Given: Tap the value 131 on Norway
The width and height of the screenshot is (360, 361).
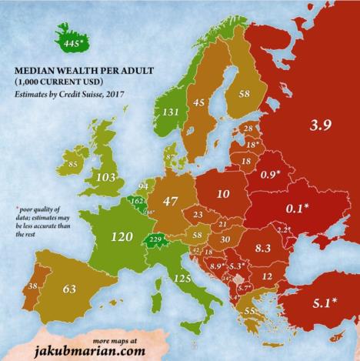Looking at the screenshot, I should [x=170, y=112].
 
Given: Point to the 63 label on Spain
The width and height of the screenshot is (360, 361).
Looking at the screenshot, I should [x=68, y=289].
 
